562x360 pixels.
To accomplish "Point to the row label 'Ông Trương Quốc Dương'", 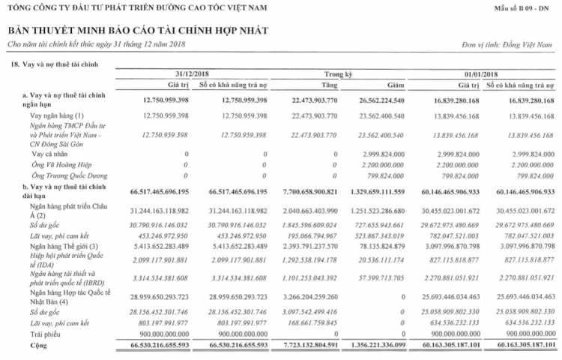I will click(59, 175).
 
